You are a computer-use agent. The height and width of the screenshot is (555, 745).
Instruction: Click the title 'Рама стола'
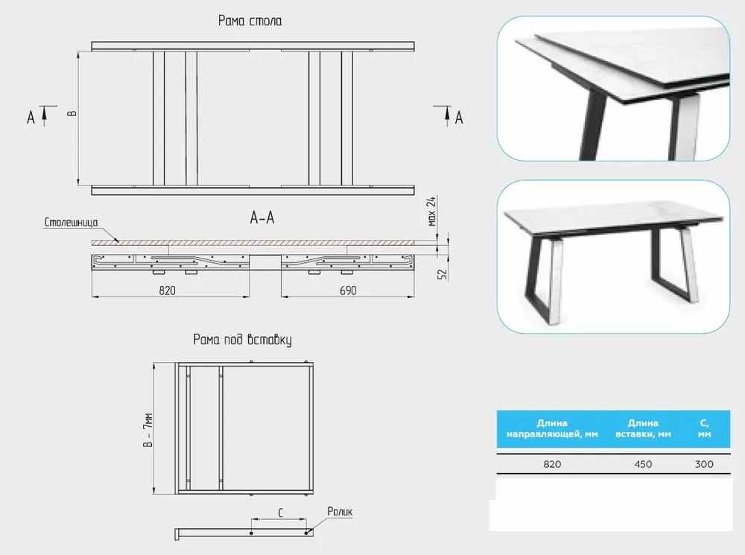pos(250,21)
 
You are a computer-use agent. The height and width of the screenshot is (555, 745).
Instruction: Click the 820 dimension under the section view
pos(167,291)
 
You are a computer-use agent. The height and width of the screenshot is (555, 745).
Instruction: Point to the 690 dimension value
pos(348,291)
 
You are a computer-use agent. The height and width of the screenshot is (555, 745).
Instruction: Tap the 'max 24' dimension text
pos(431,212)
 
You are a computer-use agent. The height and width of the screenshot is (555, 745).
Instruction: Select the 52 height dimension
pos(443,274)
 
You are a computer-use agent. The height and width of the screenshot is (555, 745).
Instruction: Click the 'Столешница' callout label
pos(72,223)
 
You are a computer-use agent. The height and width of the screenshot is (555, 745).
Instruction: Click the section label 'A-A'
pos(262,218)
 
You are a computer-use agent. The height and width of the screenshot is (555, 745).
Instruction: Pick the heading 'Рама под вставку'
pos(242,340)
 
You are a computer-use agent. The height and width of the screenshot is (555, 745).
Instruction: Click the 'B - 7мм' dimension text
pos(148,430)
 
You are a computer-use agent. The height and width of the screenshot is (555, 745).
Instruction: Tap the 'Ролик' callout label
pos(340,512)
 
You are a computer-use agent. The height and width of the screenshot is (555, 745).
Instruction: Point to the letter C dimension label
pos(280,513)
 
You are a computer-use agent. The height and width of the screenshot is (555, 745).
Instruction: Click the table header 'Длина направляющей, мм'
pos(552,428)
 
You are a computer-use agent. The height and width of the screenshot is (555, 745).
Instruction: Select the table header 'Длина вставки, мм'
pos(643,428)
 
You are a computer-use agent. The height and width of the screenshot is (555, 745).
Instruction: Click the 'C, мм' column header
pos(704,428)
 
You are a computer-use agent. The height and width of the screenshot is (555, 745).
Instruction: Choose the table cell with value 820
pos(552,464)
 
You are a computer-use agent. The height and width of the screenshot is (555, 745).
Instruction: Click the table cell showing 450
pos(643,464)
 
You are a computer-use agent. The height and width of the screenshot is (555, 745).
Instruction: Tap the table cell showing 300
pos(704,464)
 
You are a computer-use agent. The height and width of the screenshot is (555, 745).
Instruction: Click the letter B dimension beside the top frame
pos(72,113)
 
